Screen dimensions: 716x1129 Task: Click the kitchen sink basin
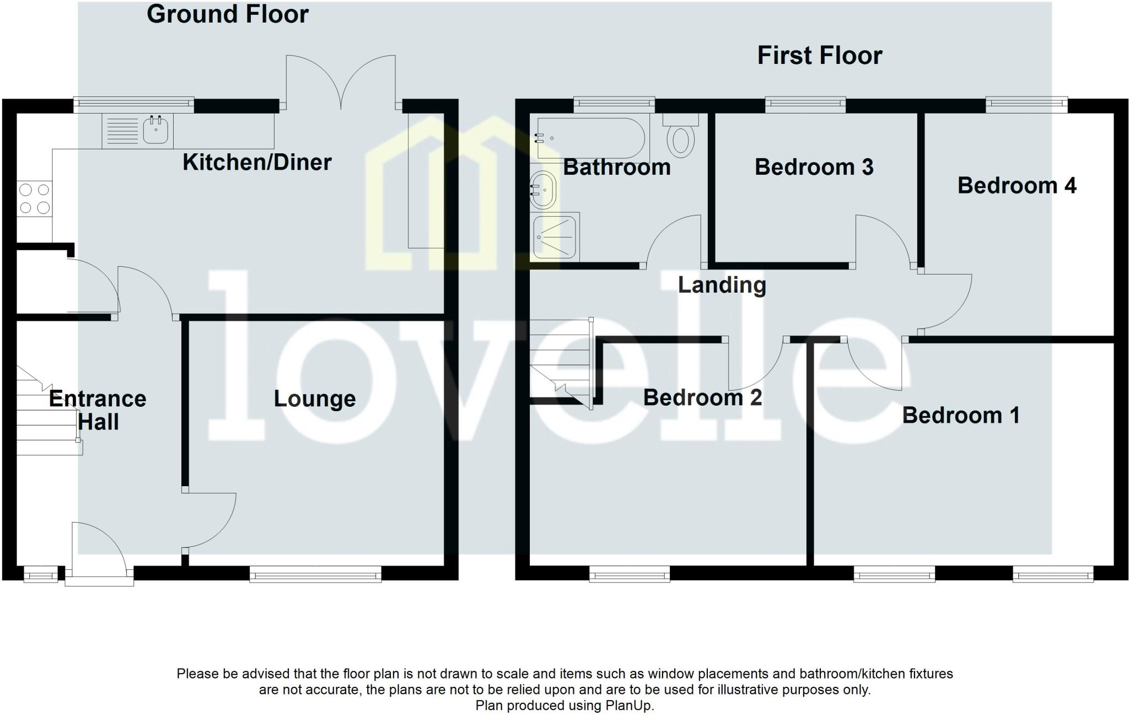coord(155,131)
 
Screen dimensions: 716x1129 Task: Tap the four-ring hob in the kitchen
coord(34,199)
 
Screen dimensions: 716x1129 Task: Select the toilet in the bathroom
coord(681,139)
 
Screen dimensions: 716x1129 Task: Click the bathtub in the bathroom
coord(590,138)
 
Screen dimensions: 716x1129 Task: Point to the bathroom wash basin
coord(544,190)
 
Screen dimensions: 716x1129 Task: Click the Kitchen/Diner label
coord(257,162)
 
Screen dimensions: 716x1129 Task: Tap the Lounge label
coord(315,399)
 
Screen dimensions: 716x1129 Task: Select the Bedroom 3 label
coord(814,167)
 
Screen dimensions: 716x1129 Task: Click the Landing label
coord(722,285)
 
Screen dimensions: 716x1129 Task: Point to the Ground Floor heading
coord(227,14)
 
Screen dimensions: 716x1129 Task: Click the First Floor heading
coord(819,56)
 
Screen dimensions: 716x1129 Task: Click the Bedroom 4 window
coord(1026,104)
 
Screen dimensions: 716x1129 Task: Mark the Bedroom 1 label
coord(960,415)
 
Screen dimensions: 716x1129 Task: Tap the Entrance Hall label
coord(98,410)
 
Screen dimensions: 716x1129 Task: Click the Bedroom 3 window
coord(805,104)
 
